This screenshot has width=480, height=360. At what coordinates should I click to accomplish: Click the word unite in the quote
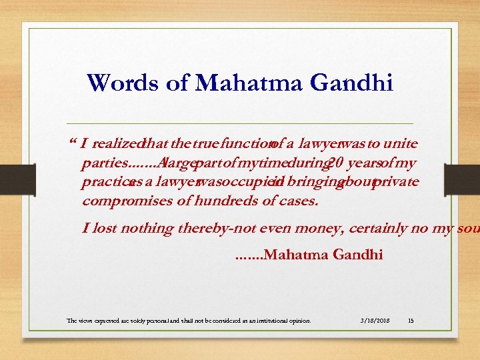click(x=403, y=143)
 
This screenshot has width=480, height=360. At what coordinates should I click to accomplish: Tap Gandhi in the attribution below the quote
click(x=357, y=254)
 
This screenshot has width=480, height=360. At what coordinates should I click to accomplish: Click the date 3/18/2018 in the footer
click(x=375, y=321)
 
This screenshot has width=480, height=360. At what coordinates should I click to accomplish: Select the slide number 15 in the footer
click(x=410, y=321)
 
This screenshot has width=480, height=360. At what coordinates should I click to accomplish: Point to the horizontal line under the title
click(x=240, y=124)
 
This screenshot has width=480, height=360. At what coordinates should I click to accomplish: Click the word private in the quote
click(x=395, y=181)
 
